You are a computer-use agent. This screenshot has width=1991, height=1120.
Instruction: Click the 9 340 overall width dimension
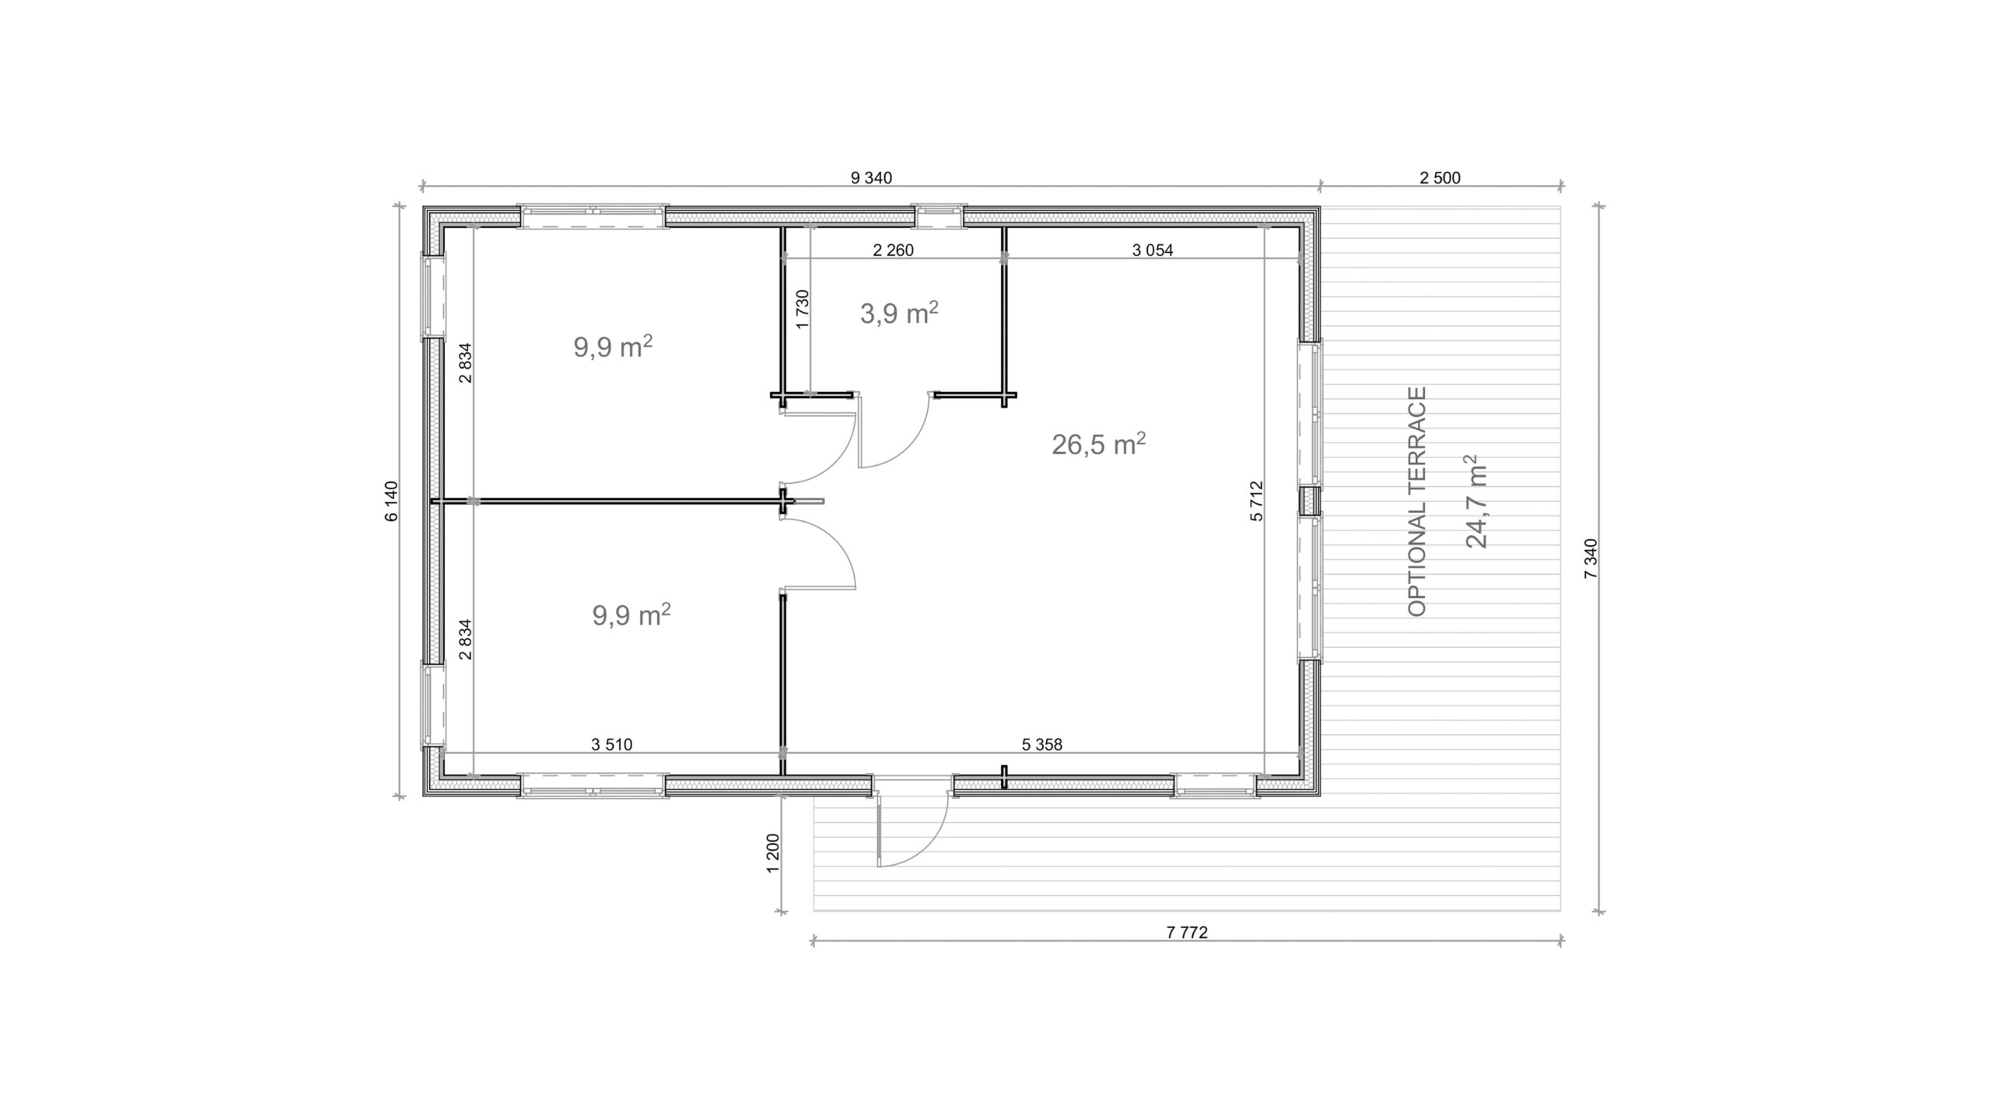[x=871, y=178]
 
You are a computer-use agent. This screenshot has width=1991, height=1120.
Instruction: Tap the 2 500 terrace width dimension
[x=1440, y=178]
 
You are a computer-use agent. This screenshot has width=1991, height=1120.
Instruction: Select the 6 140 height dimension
[x=391, y=502]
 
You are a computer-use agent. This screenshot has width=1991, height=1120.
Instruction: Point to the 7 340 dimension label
[x=1590, y=558]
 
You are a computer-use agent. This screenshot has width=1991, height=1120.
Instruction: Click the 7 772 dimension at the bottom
[x=1187, y=933]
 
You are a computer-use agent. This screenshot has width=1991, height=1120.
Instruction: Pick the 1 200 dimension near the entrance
[x=773, y=853]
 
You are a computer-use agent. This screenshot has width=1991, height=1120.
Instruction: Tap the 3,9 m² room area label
[x=899, y=313]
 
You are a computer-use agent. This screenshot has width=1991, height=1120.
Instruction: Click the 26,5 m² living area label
[x=1099, y=444]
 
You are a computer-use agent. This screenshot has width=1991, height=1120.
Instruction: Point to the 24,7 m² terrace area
[x=1475, y=502]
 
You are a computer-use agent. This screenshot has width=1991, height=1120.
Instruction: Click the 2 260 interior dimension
[x=893, y=250]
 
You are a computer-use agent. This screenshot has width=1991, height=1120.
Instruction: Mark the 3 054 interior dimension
[x=1153, y=250]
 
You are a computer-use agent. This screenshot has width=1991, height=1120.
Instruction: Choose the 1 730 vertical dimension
[x=803, y=310]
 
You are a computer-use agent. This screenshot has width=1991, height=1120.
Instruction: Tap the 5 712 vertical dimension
[x=1258, y=502]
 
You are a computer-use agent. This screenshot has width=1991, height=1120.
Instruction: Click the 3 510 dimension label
[x=612, y=744]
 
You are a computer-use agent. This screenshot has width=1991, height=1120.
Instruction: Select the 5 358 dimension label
[x=1041, y=744]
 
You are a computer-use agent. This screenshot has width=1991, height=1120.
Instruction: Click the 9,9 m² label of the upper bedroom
[x=613, y=347]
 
